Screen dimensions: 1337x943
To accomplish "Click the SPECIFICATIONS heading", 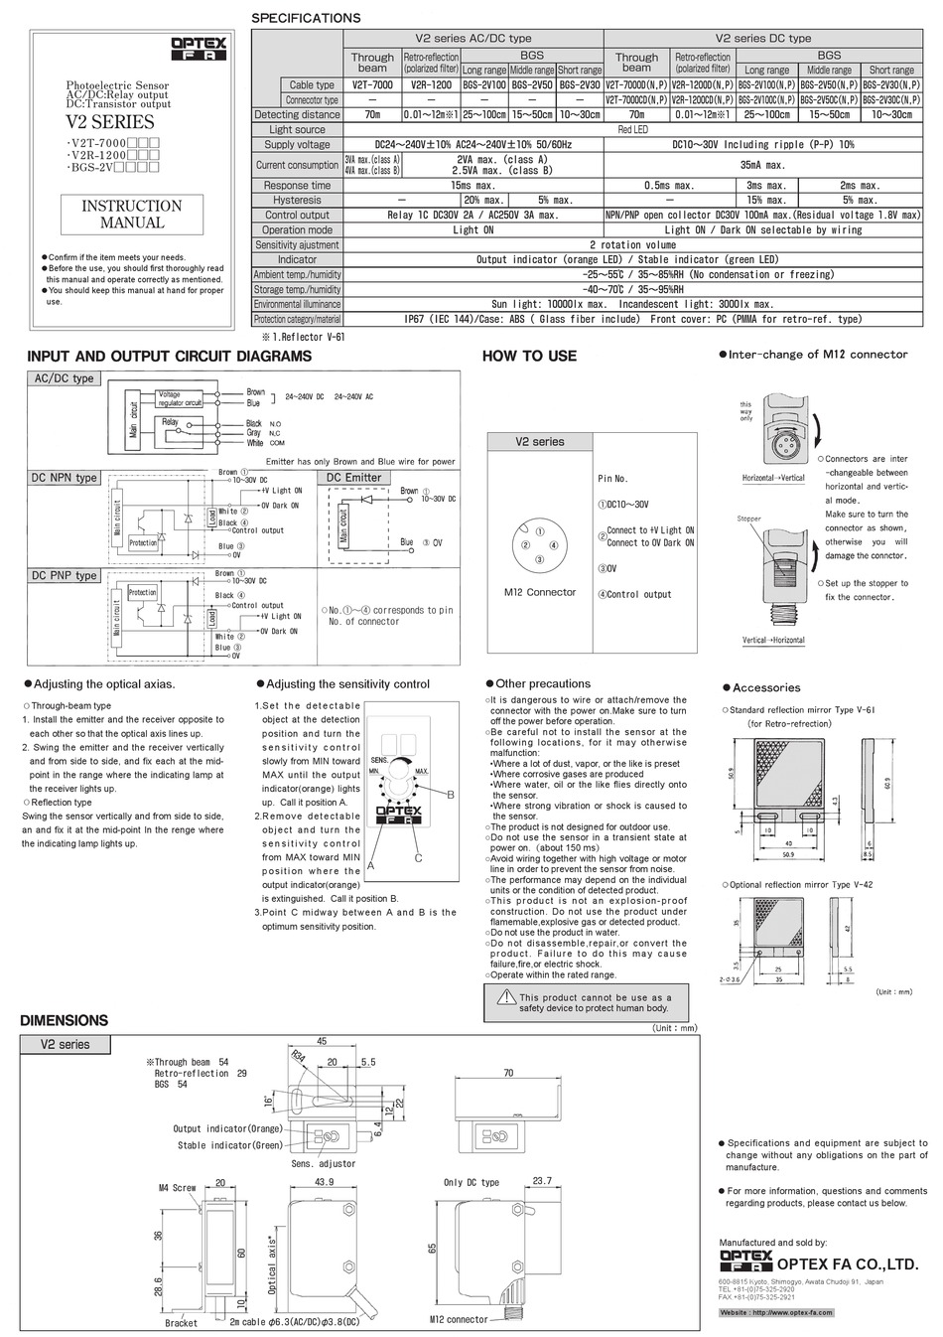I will click(306, 18).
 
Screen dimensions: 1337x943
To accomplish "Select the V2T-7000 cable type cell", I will click(372, 85).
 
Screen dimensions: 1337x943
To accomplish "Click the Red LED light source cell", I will click(633, 130).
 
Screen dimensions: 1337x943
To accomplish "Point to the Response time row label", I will click(297, 186).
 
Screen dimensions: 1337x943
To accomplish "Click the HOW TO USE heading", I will click(528, 356).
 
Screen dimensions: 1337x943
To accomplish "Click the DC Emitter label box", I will click(354, 478).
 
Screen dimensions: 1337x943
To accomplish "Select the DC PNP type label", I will click(65, 575).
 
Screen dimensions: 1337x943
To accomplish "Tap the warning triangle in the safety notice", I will click(506, 997).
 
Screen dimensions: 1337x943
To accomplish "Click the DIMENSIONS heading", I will click(64, 1020).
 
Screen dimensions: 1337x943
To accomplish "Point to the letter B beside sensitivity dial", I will click(450, 795).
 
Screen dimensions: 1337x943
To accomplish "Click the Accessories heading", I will click(765, 687).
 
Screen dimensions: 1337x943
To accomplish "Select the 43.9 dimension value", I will click(324, 1181).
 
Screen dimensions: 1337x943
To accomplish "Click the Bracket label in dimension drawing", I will click(181, 1323).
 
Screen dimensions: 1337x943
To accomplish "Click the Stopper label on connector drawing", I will click(748, 520).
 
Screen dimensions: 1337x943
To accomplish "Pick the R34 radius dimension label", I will click(298, 1058).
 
